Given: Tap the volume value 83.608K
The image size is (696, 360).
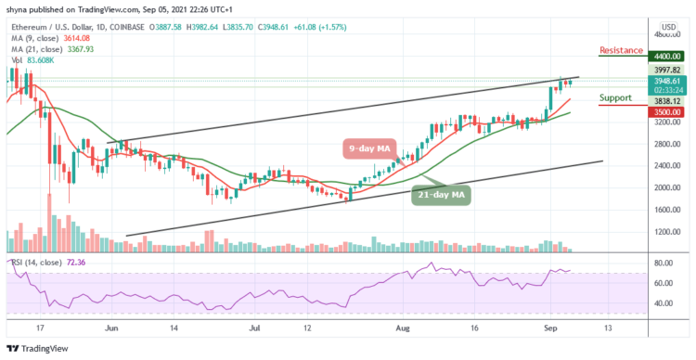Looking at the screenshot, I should [41, 58].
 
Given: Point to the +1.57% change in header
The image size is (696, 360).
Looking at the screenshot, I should [408, 28].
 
